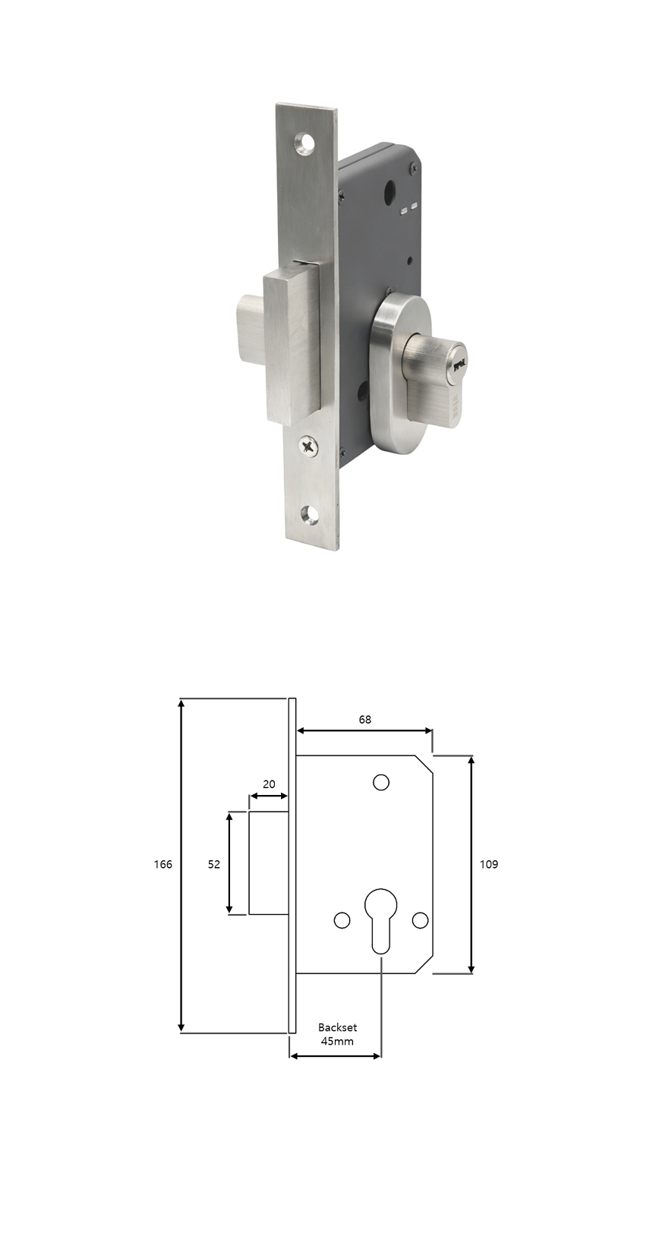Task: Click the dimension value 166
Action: coord(162,865)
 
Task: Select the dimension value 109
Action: coord(489,865)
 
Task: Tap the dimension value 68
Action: coord(364,720)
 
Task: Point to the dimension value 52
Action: coord(214,865)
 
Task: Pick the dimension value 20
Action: coord(269,785)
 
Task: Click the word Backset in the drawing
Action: coord(337,1027)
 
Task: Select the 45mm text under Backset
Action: coord(337,1041)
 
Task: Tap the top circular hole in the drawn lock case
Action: coord(381,783)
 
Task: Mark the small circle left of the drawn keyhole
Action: coord(342,920)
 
